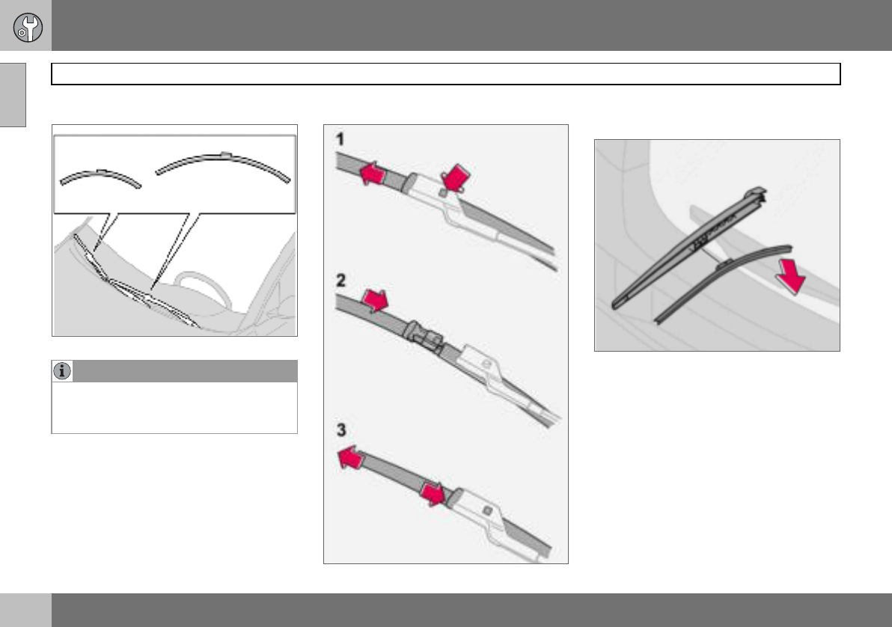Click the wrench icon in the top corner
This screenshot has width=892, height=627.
point(27,27)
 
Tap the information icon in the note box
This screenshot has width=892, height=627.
point(62,371)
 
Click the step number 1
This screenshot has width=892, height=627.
point(340,139)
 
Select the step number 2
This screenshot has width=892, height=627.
point(340,281)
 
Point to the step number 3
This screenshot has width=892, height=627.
point(341,429)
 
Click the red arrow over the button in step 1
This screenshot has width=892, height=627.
point(456,177)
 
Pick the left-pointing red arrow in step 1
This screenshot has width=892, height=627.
point(373,173)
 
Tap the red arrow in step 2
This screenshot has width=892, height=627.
point(375,299)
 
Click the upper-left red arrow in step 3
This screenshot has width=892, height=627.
point(351,457)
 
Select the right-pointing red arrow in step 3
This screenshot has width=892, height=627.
point(433,493)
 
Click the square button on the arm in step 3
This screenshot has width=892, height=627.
point(487,510)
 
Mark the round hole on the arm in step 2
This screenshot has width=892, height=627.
point(486,362)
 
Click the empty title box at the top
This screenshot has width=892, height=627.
point(445,74)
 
